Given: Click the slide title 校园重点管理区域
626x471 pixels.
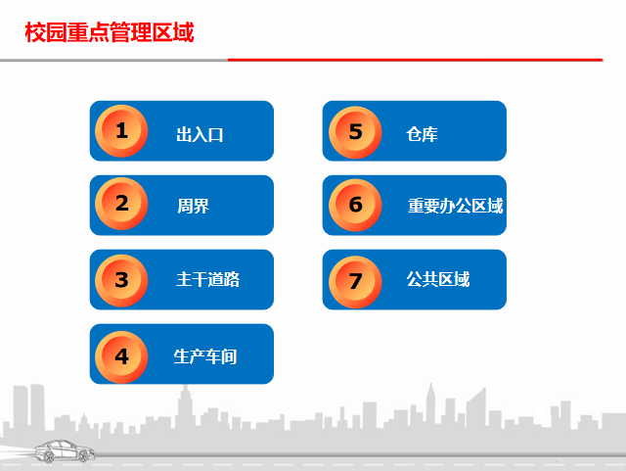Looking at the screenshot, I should [x=109, y=33].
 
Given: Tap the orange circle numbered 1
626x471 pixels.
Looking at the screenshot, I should [x=121, y=130].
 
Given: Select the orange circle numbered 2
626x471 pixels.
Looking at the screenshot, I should [x=121, y=205].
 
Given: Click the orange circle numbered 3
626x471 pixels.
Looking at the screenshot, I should [x=121, y=280].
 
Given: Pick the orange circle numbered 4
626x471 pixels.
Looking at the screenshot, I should [x=121, y=355].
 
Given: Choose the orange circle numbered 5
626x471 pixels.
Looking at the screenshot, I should [x=355, y=130].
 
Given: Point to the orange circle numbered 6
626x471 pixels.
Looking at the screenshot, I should [x=355, y=205].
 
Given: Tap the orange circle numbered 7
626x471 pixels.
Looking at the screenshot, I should [x=355, y=280].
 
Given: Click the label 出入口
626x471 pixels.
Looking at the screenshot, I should [x=200, y=134].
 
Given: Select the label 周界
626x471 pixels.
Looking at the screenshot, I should [x=193, y=206].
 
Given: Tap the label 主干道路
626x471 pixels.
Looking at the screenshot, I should [x=207, y=280].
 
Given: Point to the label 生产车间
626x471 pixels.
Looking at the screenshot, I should [x=205, y=356].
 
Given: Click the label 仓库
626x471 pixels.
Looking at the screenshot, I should [x=422, y=134].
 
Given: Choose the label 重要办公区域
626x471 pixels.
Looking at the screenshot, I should [x=455, y=206].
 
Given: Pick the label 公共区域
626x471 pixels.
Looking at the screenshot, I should [x=437, y=280].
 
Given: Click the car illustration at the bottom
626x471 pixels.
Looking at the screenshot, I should [x=65, y=451].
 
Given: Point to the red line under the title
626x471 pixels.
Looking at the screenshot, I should [x=415, y=60].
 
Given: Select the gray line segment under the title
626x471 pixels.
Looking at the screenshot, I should [x=113, y=60].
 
